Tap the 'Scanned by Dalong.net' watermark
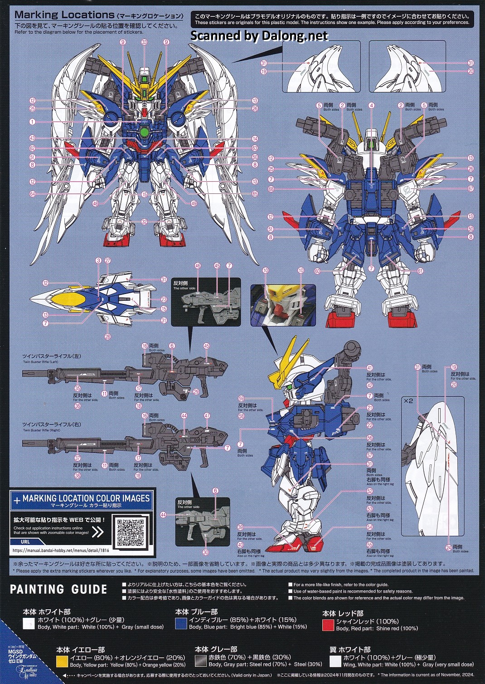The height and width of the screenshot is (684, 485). tap(259, 36)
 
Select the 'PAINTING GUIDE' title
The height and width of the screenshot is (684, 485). tap(58, 589)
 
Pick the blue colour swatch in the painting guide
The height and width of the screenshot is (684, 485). tap(181, 624)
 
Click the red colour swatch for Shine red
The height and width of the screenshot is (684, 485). tap(328, 625)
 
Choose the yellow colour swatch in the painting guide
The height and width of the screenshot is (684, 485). tap(62, 661)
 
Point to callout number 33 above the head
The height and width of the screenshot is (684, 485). tap(145, 42)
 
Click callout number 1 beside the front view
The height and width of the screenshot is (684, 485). tap(33, 122)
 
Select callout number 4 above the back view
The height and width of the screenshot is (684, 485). tap(372, 106)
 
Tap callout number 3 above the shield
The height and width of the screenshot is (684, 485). tap(98, 260)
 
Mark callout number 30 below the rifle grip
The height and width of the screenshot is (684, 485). tap(206, 552)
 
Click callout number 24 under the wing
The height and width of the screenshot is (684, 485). tap(448, 548)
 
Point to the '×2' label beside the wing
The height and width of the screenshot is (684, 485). tap(408, 400)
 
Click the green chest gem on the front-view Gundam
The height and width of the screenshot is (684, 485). tap(145, 132)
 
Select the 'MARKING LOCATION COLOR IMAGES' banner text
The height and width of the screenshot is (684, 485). tap(86, 498)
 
